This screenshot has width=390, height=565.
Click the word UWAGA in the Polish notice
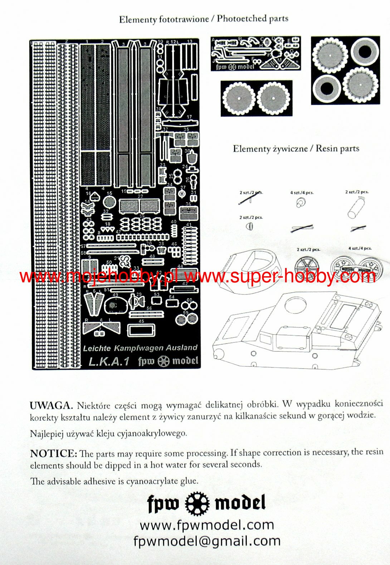point(51,405)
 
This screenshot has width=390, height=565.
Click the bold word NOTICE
point(53,453)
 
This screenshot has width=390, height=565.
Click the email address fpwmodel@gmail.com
point(207,541)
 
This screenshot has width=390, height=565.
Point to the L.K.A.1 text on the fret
point(109,361)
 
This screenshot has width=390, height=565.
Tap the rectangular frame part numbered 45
point(141,330)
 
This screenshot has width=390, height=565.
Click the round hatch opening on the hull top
point(296,305)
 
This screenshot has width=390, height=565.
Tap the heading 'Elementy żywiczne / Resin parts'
point(296,148)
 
